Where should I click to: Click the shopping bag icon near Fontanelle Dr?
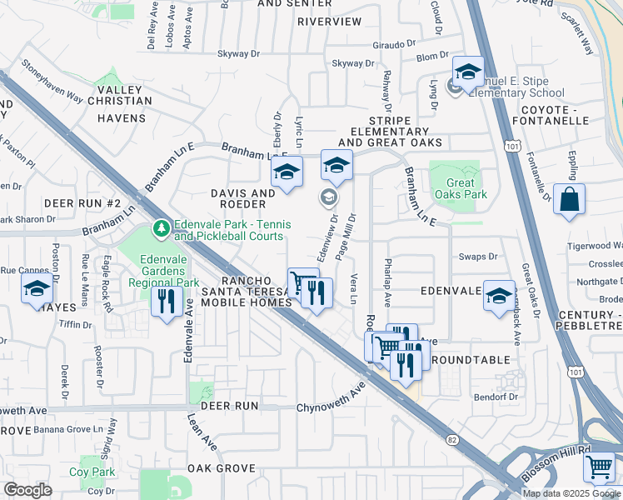coord(569,199)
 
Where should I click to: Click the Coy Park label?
coord(92,472)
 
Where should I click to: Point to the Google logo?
coord(27,490)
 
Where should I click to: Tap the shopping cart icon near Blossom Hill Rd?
coord(599,467)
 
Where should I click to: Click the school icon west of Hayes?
coord(37,289)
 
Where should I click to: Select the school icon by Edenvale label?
coord(499,296)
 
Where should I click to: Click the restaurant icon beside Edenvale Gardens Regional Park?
coord(166,299)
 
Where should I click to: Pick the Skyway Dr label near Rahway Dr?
coord(353,63)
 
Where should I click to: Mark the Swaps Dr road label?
coord(480,257)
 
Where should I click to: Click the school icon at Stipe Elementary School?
coord(468,72)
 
